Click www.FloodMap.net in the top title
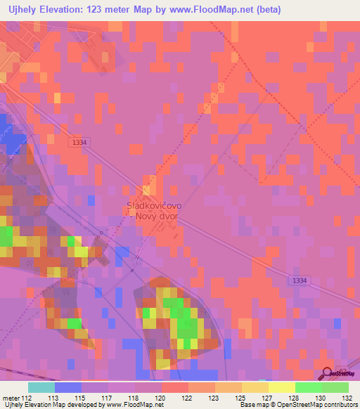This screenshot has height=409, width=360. (231, 9)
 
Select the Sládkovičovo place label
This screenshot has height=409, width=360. (154, 205)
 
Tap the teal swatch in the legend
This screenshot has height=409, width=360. (41, 387)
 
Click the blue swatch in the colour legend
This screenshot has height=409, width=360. (67, 387)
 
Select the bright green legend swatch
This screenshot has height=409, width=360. (308, 387)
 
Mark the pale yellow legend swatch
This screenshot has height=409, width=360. (281, 387)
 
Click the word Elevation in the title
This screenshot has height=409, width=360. (61, 9)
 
